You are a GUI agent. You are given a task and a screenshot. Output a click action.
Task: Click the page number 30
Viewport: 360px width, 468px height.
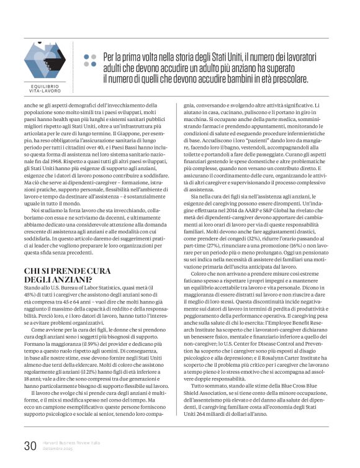(30, 445)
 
